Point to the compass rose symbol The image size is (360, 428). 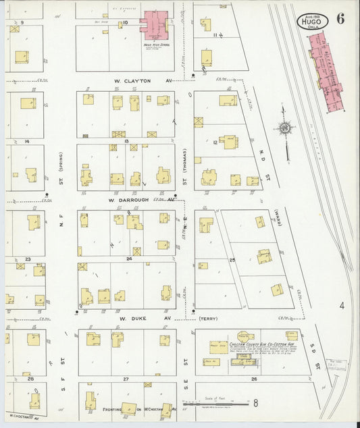pyautogui.click(x=286, y=128)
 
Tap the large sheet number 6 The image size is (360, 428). pyautogui.click(x=340, y=18)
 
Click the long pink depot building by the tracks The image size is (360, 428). pyautogui.click(x=325, y=71)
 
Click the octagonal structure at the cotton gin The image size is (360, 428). pyautogui.click(x=247, y=335)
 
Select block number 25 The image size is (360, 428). pyautogui.click(x=233, y=259)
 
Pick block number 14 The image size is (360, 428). pyautogui.click(x=26, y=142)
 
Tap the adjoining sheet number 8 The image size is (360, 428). pyautogui.click(x=256, y=404)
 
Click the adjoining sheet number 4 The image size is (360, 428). pyautogui.click(x=342, y=306)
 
